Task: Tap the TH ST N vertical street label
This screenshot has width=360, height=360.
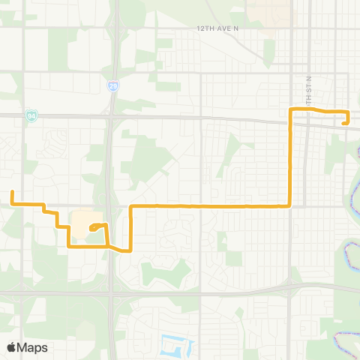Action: click(307, 91)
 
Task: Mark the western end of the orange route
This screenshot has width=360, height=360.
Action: click(12, 192)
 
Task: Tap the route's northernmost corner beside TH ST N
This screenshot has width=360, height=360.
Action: click(291, 109)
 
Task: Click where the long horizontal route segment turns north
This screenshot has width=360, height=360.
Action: click(290, 205)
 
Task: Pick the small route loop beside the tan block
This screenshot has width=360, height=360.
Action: click(100, 226)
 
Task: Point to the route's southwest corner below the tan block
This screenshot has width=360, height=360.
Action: click(70, 245)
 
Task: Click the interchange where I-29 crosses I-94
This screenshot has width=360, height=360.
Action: click(110, 116)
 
